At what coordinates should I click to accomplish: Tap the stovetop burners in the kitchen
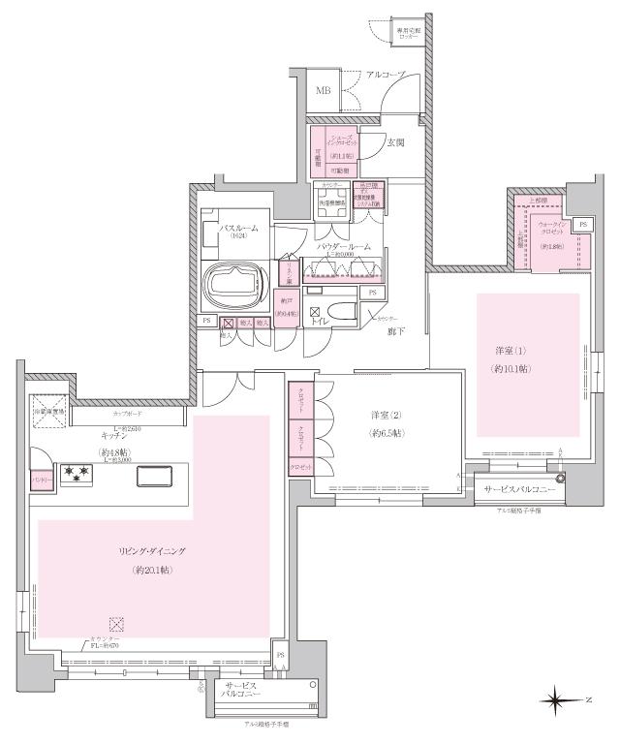coord(76,475)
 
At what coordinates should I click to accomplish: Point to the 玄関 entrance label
coord(395,142)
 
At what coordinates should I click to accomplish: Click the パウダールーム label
coord(345,247)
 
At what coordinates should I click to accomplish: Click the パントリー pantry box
coord(41,479)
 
